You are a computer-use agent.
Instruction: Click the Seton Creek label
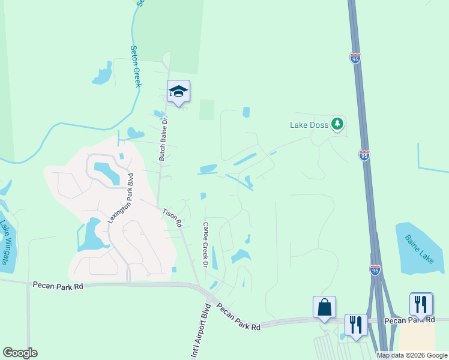[136, 67]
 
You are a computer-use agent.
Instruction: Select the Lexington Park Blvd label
[119, 199]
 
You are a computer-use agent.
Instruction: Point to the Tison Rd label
[172, 218]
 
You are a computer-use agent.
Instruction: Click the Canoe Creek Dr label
[205, 245]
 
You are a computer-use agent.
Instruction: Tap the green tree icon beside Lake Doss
[337, 124]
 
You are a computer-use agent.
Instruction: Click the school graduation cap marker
[178, 91]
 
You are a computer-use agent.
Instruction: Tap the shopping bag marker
[324, 307]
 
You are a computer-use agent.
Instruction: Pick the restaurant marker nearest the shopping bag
[356, 325]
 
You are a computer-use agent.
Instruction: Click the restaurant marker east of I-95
[421, 304]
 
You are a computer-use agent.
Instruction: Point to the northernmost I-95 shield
[355, 58]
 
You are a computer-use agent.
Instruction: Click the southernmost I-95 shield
[375, 270]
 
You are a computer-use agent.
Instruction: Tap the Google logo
[20, 353]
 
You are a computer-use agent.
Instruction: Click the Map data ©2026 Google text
[412, 355]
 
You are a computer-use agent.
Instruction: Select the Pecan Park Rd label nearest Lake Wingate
[58, 286]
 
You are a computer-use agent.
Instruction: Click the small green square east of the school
[206, 110]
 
